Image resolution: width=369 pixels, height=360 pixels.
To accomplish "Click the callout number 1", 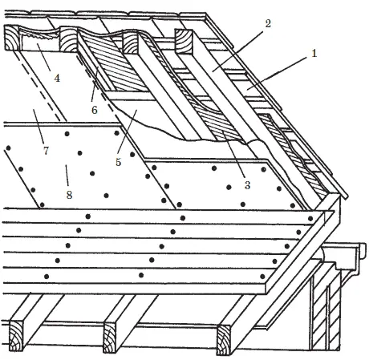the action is (x=314, y=54).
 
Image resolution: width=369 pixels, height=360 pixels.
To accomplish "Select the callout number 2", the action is (x=268, y=23).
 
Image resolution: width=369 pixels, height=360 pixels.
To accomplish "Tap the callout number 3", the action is (x=247, y=185).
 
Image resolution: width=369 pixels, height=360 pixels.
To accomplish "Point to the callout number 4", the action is (x=57, y=79).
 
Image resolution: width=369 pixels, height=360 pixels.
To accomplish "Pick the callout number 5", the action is (x=118, y=162).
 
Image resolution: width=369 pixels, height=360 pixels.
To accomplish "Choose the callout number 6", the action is (x=95, y=110).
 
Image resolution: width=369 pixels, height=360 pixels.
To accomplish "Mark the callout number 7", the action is (x=46, y=151).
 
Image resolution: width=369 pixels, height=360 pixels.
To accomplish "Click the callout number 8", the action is (x=69, y=195).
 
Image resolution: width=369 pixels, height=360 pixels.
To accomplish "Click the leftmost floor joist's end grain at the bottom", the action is (x=16, y=336).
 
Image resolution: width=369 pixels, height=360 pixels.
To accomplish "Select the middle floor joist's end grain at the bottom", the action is (x=110, y=338).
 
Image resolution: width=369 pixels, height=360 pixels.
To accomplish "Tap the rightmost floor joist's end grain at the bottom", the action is (x=223, y=340).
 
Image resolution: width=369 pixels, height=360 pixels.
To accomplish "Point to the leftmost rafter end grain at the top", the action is (x=12, y=38).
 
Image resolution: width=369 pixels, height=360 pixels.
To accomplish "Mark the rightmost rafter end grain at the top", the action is (x=184, y=41).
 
